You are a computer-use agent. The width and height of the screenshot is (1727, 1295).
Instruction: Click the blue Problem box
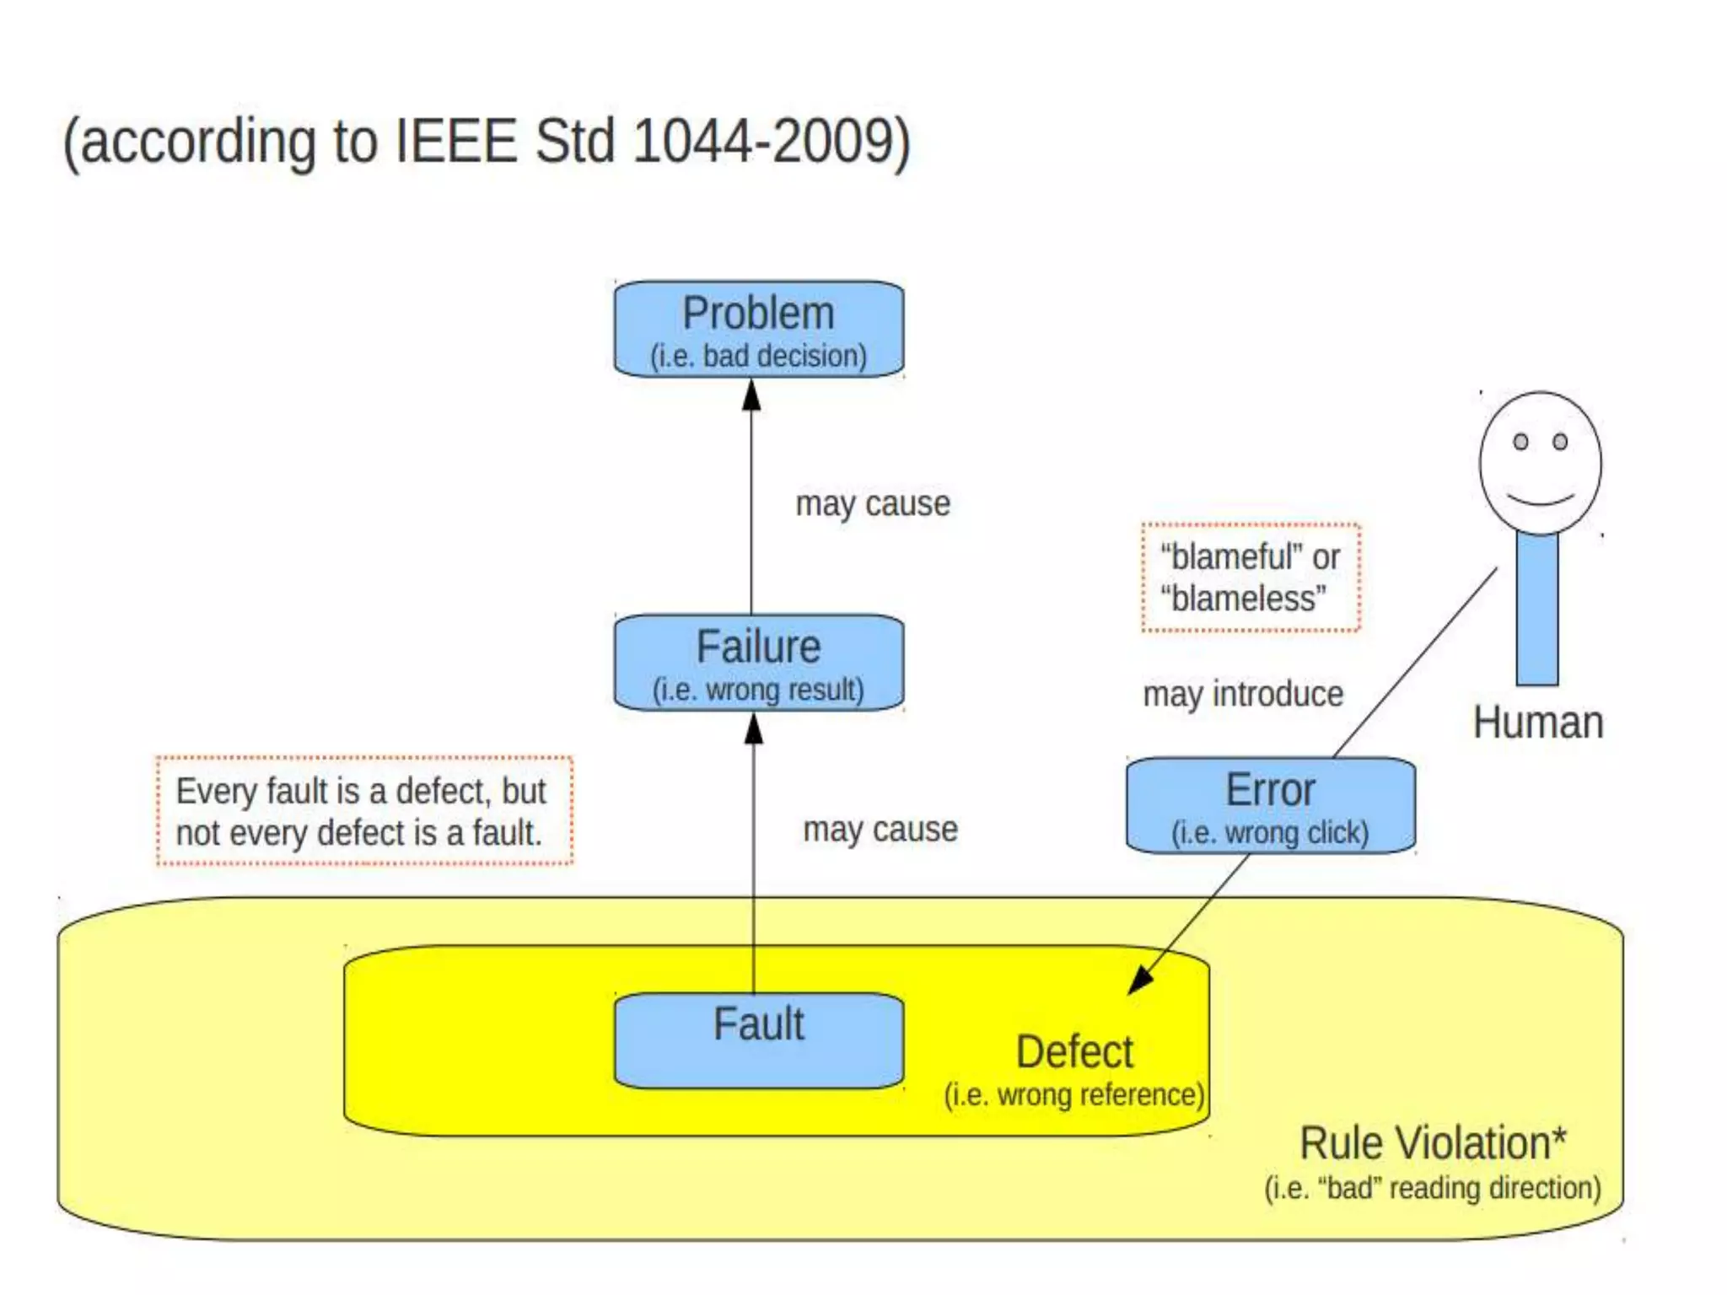(x=758, y=330)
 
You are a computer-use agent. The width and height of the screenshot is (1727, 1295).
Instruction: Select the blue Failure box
(x=758, y=663)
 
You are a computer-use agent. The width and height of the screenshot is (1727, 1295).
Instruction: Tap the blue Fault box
(x=758, y=1040)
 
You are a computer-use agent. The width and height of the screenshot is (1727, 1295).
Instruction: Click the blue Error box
(x=1270, y=805)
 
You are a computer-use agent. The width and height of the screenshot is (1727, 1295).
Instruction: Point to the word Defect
(x=1074, y=1052)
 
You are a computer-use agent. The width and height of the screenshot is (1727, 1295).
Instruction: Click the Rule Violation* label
(x=1432, y=1143)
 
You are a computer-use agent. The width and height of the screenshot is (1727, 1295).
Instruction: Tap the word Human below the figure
(x=1537, y=723)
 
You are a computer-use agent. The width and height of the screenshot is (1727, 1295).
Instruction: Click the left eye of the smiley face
(x=1520, y=442)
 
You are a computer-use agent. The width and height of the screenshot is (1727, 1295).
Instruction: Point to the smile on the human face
(x=1541, y=499)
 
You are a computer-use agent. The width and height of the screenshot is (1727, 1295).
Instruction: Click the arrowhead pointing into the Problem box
(x=751, y=395)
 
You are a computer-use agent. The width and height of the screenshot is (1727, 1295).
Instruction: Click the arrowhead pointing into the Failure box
(x=754, y=729)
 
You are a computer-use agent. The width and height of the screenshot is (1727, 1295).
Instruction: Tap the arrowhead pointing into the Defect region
(x=1140, y=980)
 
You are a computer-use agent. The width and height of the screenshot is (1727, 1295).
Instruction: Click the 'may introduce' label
(x=1243, y=695)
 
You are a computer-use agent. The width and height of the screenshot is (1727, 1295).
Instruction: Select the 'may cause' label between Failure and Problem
(x=873, y=504)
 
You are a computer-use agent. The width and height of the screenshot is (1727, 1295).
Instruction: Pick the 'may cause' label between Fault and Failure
(x=880, y=830)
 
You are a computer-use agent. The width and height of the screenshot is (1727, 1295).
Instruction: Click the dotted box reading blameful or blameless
(x=1251, y=578)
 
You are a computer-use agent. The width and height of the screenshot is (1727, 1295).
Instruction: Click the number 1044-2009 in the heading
(x=762, y=141)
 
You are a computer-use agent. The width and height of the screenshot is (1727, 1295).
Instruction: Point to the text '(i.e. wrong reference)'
(x=1073, y=1095)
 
